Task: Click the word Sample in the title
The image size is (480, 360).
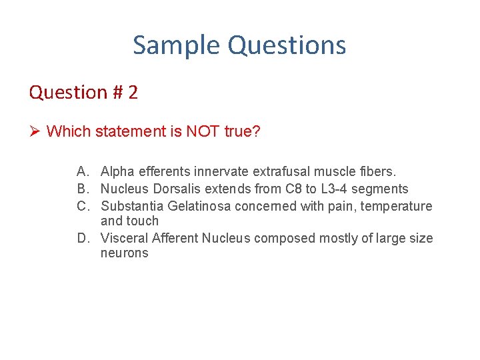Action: pos(176,46)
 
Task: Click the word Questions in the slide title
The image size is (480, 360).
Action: pos(286,46)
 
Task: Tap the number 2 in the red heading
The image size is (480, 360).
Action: pos(133,93)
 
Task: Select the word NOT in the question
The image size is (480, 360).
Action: pos(205,131)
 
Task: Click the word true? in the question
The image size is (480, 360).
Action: pos(242,131)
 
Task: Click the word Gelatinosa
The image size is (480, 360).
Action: pos(199,206)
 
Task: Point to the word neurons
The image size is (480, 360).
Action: pos(124,253)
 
